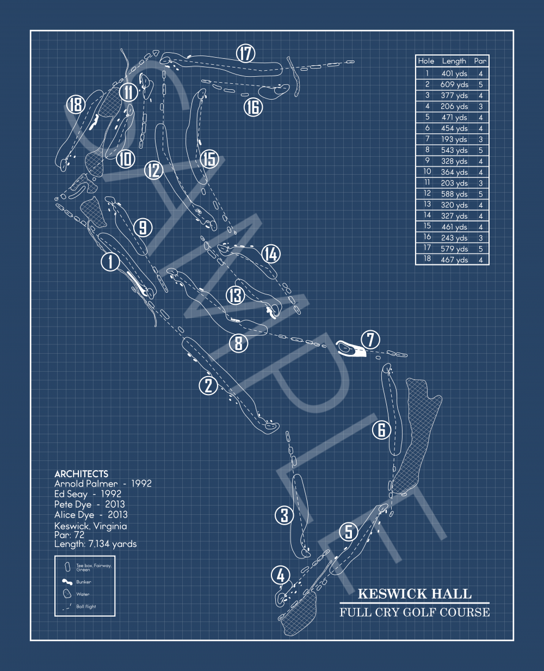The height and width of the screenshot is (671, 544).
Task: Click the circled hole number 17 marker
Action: coord(246,53)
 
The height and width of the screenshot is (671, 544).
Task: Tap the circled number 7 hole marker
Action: coord(370,340)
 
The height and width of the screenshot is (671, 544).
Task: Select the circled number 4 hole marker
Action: coord(280,575)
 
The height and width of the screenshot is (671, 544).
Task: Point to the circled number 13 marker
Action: coord(236,295)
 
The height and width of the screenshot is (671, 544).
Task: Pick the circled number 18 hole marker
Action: coord(76,104)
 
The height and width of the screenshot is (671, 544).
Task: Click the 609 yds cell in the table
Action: coord(454,84)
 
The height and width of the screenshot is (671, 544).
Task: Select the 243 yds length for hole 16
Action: coord(454,238)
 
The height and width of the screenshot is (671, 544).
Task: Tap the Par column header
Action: coord(480,61)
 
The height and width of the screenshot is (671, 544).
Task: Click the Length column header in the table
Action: coord(454,61)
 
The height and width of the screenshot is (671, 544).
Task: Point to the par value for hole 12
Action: coord(480,194)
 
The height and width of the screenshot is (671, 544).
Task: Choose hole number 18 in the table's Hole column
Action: coord(427,260)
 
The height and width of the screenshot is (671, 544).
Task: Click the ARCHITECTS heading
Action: coord(81,474)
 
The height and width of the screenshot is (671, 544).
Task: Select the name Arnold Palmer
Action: coord(86,484)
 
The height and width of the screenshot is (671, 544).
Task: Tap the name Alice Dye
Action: coord(75,515)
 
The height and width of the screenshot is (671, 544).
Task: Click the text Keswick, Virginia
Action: coord(90,526)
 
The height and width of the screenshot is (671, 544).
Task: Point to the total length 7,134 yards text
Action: coord(95,544)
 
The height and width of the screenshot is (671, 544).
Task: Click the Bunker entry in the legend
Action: coord(83,582)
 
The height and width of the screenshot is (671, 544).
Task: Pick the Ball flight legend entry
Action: coord(86,606)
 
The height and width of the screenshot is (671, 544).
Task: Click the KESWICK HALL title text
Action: coord(415,594)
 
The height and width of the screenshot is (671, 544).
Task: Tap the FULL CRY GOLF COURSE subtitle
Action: coord(415,612)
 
